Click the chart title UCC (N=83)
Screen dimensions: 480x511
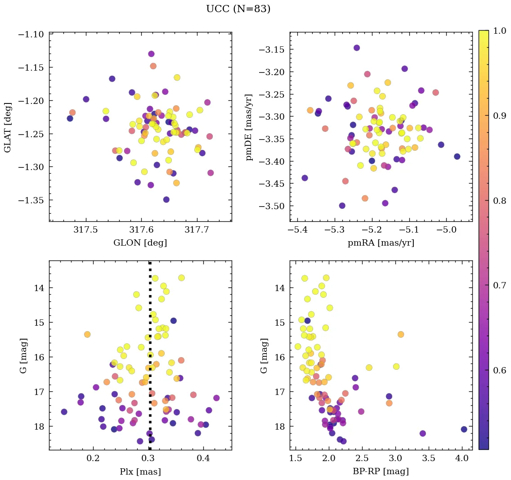238,9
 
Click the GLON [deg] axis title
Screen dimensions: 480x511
140,243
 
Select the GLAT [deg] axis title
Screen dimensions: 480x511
8,127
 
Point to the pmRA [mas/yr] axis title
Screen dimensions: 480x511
381,243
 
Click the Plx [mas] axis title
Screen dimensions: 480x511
140,472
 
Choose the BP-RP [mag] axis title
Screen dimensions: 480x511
381,472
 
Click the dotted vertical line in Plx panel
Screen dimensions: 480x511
150,315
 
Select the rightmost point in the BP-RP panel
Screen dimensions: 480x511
464,429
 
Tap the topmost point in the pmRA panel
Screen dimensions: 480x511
357,48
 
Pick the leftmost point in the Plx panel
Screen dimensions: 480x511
64,412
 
